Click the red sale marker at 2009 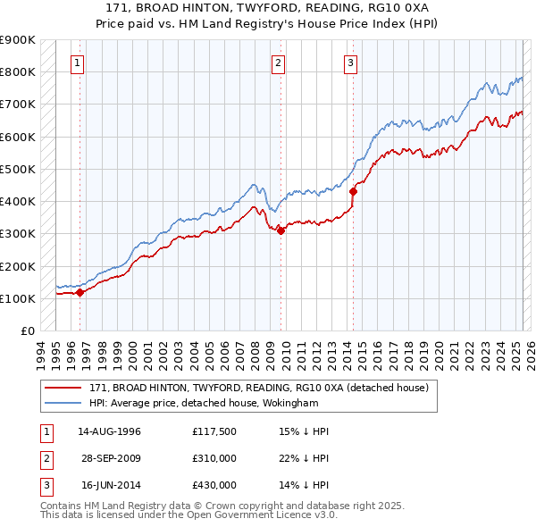[x=281, y=230]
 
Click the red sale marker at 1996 [x=80, y=292]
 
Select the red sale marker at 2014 [x=353, y=191]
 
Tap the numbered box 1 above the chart [x=79, y=63]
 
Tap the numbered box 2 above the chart [x=279, y=63]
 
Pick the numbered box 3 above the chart [x=351, y=63]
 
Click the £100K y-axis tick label [x=18, y=298]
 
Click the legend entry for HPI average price [x=204, y=403]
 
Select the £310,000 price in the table [x=214, y=458]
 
